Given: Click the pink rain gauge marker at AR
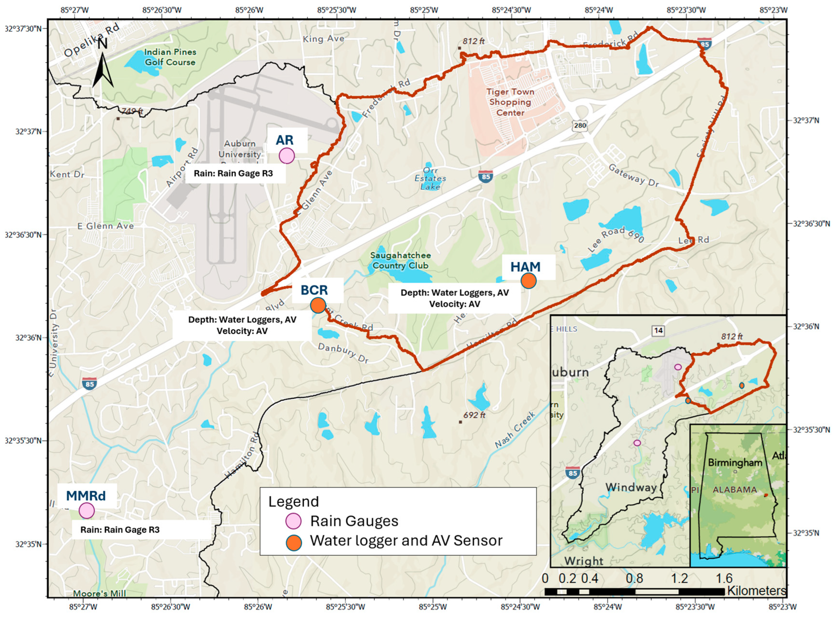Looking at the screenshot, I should (x=287, y=156).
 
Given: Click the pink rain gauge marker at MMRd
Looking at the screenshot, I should (x=87, y=511).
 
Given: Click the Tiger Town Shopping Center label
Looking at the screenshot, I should (x=510, y=102).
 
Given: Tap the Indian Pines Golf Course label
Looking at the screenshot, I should (x=170, y=57).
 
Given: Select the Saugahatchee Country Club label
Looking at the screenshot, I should (x=400, y=260).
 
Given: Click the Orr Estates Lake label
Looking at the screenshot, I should (x=430, y=178).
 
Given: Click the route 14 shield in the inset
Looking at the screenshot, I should (x=658, y=331).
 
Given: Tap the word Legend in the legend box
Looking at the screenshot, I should (x=293, y=502).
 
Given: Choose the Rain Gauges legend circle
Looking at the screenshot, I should (x=293, y=521).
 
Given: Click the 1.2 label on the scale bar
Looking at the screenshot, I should (x=679, y=578).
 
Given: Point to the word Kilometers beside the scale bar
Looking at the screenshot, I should (x=756, y=591).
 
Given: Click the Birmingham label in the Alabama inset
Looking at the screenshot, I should (x=735, y=463).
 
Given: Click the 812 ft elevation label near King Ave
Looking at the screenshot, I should (x=473, y=41).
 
